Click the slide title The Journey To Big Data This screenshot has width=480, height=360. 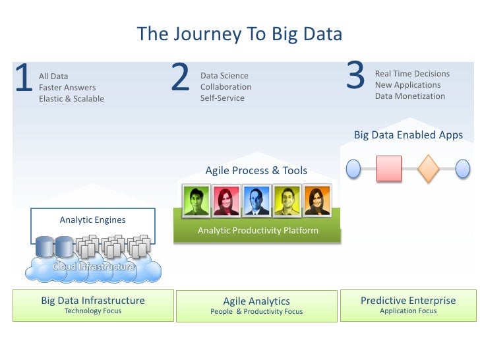[239, 34]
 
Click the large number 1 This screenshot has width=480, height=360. [24, 79]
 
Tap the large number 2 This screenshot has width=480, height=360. [179, 79]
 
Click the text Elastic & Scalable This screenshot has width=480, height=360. [71, 99]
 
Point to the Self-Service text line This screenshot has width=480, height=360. [222, 98]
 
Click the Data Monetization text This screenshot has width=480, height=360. [410, 96]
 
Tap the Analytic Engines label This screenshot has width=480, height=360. [92, 220]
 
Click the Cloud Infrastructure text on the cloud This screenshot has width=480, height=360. [94, 267]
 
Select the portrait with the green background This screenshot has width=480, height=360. [196, 200]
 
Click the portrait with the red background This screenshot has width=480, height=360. [226, 200]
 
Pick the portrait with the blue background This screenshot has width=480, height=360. [256, 200]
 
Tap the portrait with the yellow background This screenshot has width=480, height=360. [287, 200]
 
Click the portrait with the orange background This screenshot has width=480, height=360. [316, 200]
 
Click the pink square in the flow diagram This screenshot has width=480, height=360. [389, 168]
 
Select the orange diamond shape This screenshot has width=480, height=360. [428, 168]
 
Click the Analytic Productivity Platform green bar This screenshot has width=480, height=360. [258, 231]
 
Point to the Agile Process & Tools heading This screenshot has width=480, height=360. [256, 171]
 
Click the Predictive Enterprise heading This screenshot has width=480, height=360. [408, 301]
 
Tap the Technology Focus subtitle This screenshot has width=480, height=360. [93, 311]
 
